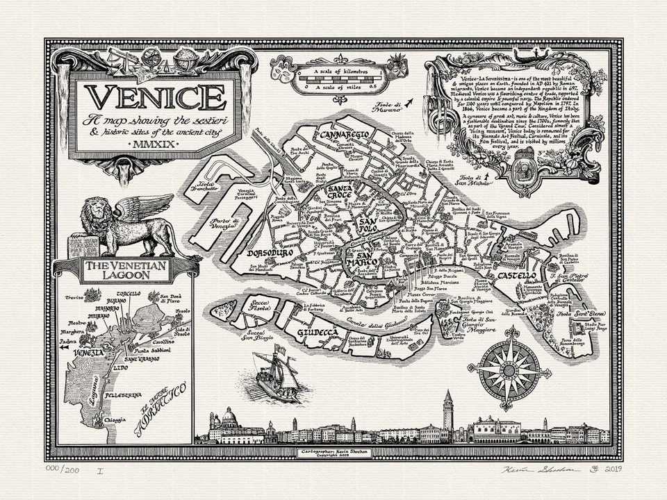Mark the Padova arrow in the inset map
(65, 344)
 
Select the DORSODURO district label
(271, 254)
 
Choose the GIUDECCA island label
(318, 333)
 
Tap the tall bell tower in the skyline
(447, 415)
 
